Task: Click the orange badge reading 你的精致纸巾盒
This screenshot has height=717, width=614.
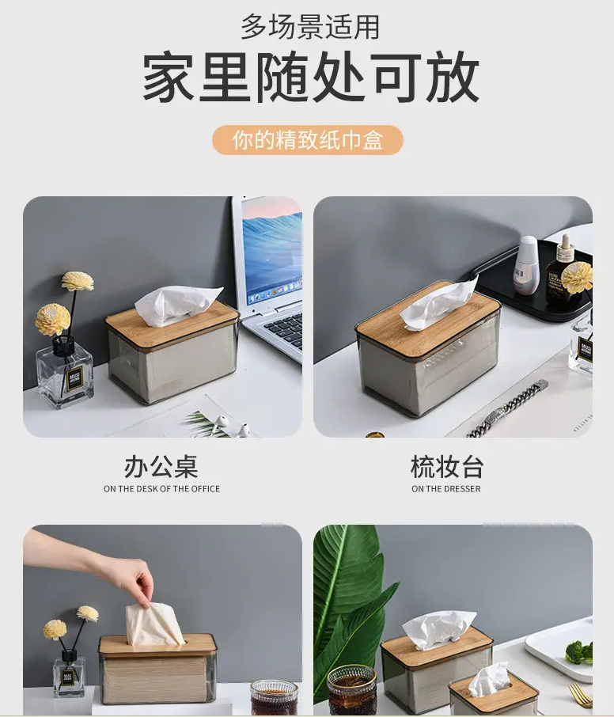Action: pos(308,140)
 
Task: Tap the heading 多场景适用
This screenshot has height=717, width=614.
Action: pos(310,27)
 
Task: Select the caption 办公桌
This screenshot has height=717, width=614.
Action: pos(161,466)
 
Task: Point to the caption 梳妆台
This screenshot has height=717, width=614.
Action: pos(447,466)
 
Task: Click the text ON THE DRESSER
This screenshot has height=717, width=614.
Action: pos(445,489)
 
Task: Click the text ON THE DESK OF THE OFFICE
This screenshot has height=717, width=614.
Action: pos(162,489)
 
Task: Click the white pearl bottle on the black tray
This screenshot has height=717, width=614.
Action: pos(527,265)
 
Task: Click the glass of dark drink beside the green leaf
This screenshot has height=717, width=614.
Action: pos(351,689)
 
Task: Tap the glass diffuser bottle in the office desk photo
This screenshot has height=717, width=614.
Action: pos(64,373)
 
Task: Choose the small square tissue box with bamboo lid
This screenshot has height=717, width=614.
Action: pos(487,695)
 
